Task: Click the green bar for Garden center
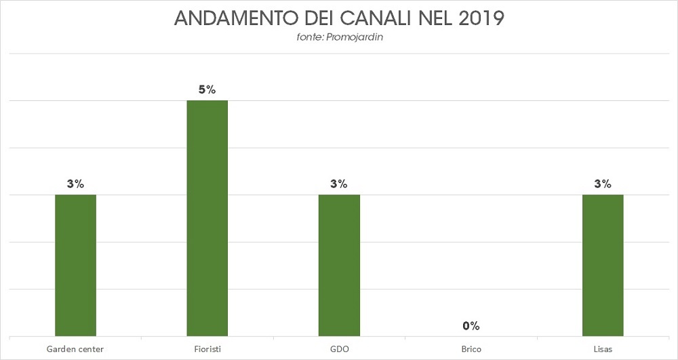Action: tap(75, 265)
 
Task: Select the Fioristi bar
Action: tap(207, 218)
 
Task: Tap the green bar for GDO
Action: tap(339, 265)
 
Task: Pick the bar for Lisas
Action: tap(603, 265)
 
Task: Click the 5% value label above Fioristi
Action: tap(207, 89)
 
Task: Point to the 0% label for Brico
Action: tap(471, 326)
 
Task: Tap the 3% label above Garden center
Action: tap(75, 184)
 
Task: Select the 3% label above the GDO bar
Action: tap(339, 184)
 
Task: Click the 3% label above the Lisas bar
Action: tap(603, 184)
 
